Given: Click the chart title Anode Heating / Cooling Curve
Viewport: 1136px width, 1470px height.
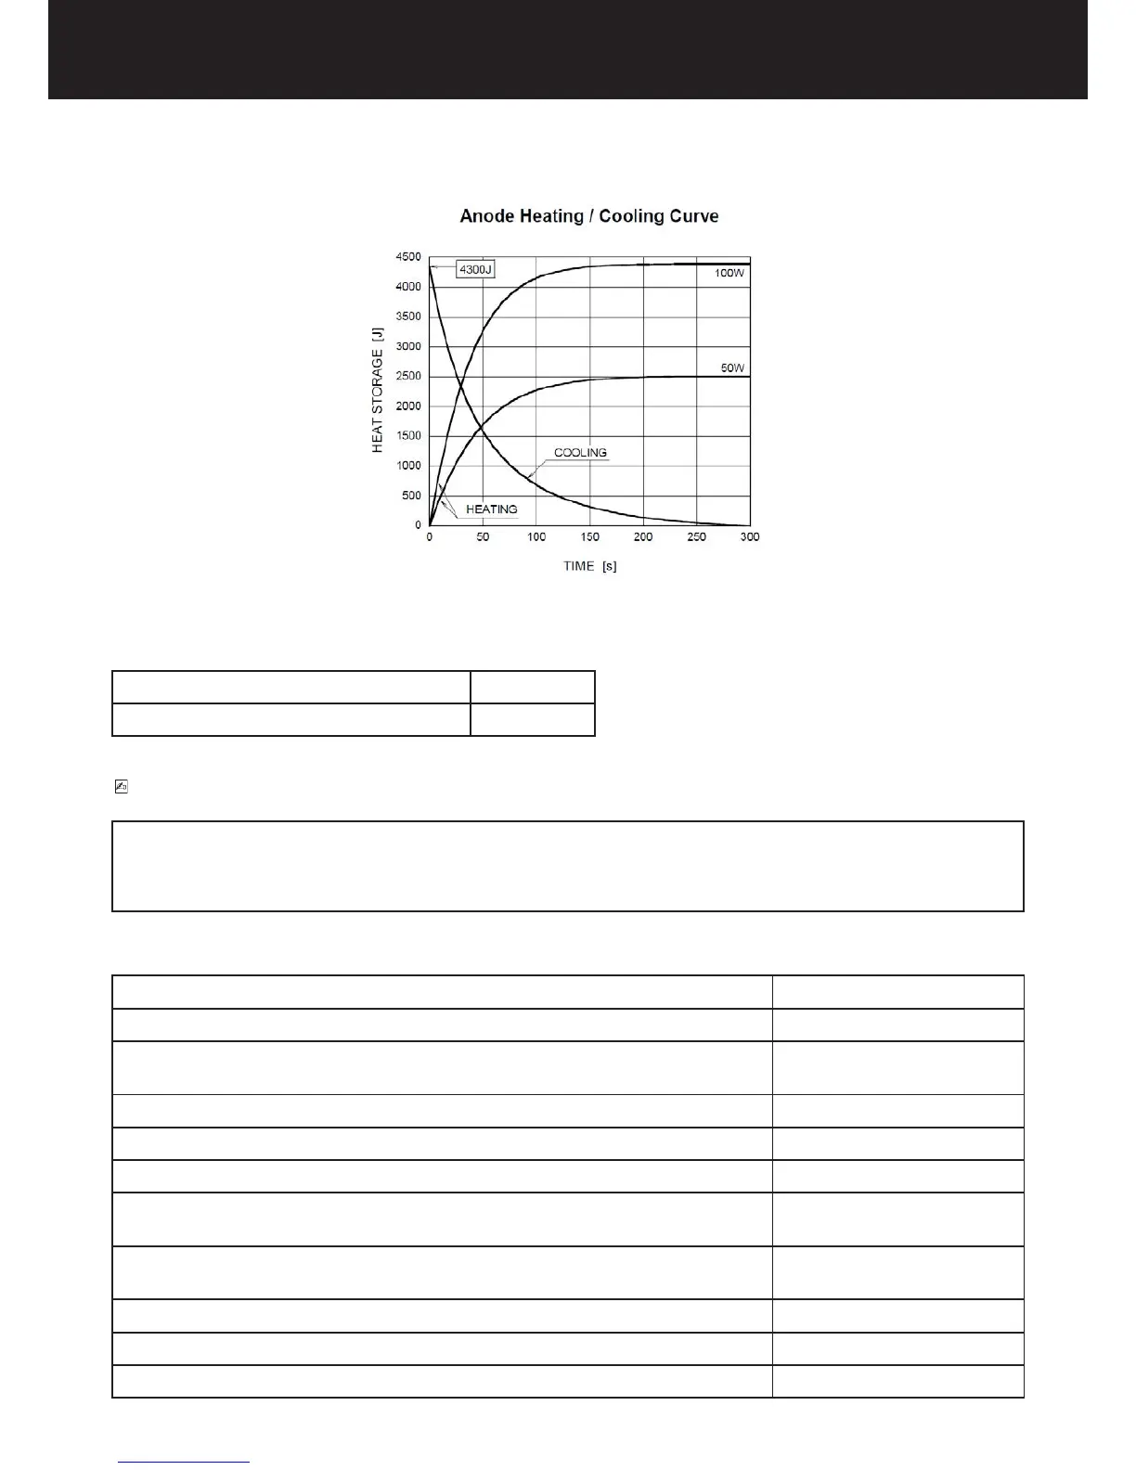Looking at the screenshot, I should coord(589,216).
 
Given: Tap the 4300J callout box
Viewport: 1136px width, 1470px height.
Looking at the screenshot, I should coord(476,269).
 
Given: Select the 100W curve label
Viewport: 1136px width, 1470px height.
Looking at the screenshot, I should coord(729,274).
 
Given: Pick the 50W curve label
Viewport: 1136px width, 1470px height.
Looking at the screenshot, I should coord(732,368).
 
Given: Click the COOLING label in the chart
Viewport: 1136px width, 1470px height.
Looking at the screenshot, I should coord(580,453).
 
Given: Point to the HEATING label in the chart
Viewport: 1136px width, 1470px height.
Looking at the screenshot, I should coord(491,509).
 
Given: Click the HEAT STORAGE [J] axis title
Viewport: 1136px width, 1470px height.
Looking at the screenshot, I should coord(378,390).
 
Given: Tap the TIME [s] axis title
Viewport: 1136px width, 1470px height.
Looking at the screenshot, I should coord(589,566).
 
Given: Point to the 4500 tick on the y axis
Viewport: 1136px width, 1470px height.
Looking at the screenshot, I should coord(408,257).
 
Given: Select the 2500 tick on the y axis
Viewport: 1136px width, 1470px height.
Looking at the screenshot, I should coord(408,377).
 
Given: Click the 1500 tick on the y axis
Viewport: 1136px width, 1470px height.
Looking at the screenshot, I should coord(408,436).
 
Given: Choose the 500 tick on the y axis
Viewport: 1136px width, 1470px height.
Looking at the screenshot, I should coord(411,496).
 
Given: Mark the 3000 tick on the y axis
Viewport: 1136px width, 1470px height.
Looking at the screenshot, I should coord(408,347).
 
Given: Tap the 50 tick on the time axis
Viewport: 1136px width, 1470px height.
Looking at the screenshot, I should coord(483,537).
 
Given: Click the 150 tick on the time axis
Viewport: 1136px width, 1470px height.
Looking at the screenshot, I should coord(589,537).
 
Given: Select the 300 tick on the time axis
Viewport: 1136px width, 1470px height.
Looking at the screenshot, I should coord(750,537).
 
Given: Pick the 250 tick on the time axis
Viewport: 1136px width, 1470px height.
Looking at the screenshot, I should coord(696,537).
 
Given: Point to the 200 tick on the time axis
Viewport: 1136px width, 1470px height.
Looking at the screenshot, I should coord(643,537).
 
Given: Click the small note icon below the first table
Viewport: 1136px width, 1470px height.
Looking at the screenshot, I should coord(120,787).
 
